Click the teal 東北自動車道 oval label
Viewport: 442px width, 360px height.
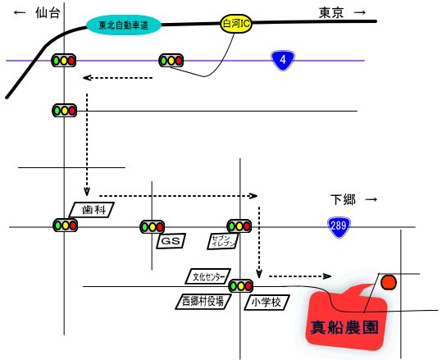click(124, 25)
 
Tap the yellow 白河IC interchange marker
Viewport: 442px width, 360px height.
click(236, 24)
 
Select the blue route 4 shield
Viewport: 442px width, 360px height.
click(283, 60)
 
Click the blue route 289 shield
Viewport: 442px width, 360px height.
click(339, 226)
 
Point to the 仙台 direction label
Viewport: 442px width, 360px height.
click(48, 12)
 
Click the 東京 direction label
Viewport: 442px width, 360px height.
click(331, 12)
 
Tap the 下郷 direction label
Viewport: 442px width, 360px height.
click(343, 199)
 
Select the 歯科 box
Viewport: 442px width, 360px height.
click(92, 210)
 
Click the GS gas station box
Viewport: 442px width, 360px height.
click(171, 241)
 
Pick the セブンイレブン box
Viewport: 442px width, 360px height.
click(223, 241)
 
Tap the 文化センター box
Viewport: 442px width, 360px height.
click(208, 276)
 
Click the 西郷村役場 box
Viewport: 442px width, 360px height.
click(203, 302)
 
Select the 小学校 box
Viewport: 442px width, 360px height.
click(267, 303)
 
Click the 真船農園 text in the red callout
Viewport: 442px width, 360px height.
click(344, 327)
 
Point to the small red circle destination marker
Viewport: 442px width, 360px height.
click(389, 282)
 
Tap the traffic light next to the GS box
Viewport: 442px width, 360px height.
click(153, 226)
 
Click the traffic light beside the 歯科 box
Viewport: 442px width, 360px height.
click(66, 226)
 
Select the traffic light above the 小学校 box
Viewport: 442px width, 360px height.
click(241, 286)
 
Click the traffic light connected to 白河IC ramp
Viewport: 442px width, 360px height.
click(171, 61)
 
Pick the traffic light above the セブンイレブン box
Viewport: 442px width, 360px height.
click(239, 226)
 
